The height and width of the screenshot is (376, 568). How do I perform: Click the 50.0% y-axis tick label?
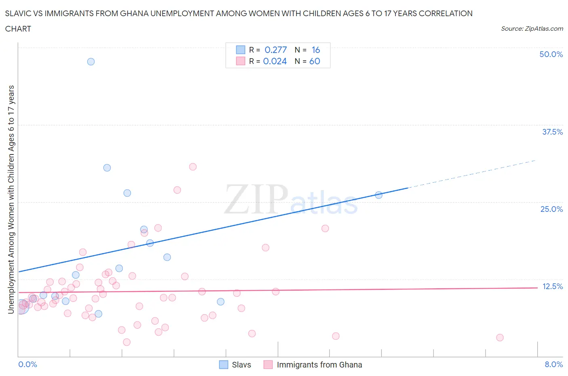[551, 54]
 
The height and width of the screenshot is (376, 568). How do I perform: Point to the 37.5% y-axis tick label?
[552, 132]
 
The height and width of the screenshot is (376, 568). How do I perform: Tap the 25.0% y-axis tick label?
[551, 209]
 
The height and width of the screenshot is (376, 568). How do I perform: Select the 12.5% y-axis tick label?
[552, 286]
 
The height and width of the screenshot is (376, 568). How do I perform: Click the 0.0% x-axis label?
[27, 364]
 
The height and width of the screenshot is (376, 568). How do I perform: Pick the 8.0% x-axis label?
[553, 364]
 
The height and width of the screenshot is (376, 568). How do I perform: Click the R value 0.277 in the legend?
[276, 50]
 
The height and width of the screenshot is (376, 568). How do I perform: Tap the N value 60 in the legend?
[315, 61]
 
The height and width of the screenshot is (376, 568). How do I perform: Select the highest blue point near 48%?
[91, 61]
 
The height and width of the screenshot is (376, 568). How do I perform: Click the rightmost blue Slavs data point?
[379, 195]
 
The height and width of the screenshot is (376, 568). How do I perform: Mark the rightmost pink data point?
[500, 338]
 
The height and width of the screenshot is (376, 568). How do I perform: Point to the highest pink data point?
[193, 167]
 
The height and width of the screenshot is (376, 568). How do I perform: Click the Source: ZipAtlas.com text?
[532, 28]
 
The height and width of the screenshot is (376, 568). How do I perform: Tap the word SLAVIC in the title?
[18, 13]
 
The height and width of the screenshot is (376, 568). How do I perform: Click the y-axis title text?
[11, 199]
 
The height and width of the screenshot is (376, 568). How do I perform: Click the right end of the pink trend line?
[537, 287]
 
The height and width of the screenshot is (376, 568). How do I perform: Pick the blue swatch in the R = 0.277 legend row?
[240, 50]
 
